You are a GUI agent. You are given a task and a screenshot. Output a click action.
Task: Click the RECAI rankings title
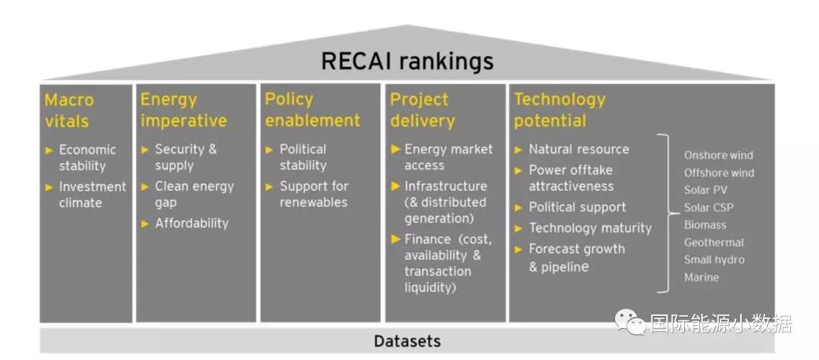pos(407,61)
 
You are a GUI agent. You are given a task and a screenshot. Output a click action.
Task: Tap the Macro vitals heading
pos(69,110)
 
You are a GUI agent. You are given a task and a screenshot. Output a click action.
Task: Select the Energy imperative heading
pos(183,110)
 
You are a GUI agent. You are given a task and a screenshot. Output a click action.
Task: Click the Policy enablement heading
pos(312,110)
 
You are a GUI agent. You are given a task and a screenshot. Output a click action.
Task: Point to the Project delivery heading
pos(422,110)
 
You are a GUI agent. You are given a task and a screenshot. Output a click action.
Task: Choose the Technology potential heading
pos(560,110)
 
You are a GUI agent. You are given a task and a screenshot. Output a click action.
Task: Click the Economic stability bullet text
pos(87,158)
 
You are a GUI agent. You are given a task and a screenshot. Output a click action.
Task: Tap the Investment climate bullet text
pos(92,195)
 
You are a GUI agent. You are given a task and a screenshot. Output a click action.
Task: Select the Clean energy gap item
pos(194,195)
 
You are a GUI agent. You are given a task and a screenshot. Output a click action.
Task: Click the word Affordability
pos(191,223)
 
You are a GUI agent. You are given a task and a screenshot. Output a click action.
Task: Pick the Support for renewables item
pos(314,194)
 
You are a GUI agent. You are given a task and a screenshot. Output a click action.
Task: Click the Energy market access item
pos(448,157)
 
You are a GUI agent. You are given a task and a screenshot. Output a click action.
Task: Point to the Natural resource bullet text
pos(579,149)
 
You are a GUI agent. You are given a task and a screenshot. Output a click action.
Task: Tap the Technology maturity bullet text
pos(590,227)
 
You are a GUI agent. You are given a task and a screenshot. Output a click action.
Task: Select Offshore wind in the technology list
pos(719,173)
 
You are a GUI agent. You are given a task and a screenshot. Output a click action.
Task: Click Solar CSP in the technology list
pos(708,208)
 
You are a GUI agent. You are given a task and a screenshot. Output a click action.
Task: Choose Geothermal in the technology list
pos(714,243)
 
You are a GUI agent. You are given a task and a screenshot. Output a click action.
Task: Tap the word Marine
pos(701,277)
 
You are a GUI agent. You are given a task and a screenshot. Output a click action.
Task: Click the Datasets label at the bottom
pos(407,341)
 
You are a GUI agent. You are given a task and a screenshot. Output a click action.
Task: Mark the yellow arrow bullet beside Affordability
pos(145,223)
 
